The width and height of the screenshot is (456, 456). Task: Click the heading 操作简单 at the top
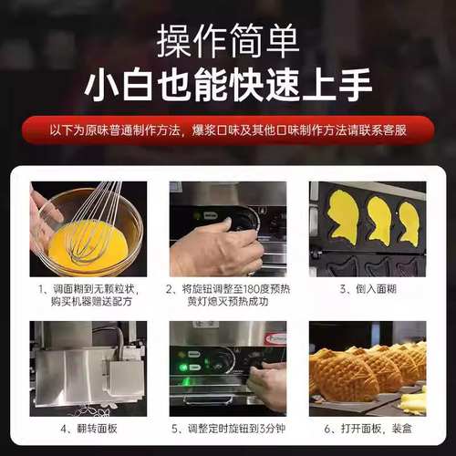[227, 40]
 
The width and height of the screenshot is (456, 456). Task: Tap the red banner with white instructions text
[227, 130]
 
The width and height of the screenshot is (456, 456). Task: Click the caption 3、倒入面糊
[368, 289]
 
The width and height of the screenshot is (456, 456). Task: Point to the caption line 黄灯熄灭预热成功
[228, 304]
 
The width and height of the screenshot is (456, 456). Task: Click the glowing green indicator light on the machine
[182, 368]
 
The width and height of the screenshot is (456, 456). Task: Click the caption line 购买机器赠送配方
[88, 304]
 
